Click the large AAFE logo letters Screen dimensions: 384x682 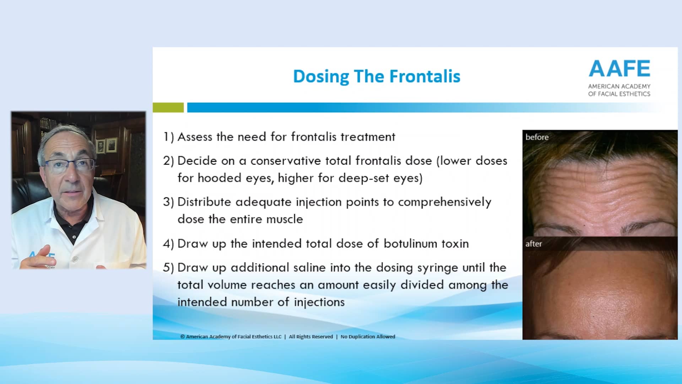click(619, 69)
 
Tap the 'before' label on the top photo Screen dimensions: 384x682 click(537, 137)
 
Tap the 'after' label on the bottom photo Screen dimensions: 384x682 click(534, 244)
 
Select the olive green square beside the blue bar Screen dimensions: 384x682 click(168, 107)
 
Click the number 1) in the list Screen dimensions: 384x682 click(168, 137)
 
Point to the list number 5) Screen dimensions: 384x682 click(168, 268)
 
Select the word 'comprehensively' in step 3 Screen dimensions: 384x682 click(444, 202)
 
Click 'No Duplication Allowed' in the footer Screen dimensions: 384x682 click(368, 337)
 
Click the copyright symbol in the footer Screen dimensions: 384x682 click(183, 337)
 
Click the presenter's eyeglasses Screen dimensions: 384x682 click(70, 165)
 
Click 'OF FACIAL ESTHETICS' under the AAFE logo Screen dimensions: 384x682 click(619, 94)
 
